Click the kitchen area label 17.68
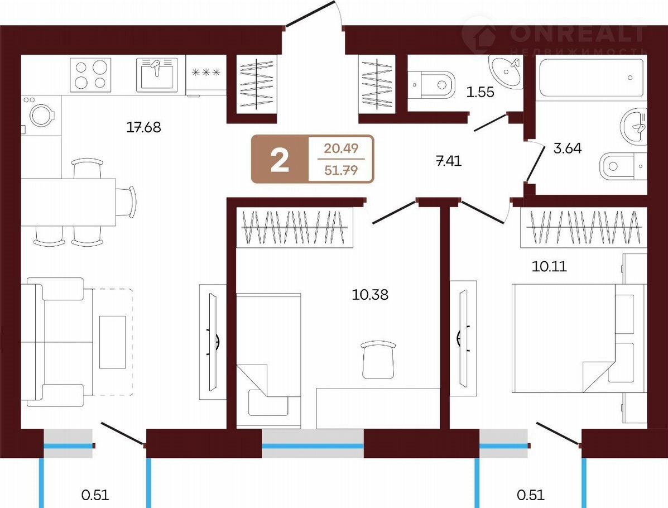[144, 127]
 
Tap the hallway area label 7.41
[449, 161]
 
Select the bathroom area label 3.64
[567, 148]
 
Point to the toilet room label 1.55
[480, 92]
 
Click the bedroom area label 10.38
[370, 294]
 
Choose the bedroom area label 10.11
[550, 266]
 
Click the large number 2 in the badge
[280, 161]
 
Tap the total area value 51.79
[341, 170]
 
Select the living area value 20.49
[341, 148]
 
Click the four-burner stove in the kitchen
[91, 75]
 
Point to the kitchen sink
[157, 75]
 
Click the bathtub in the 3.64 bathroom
[592, 78]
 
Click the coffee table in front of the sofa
[113, 342]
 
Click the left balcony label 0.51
[95, 495]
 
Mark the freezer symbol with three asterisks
[206, 73]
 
